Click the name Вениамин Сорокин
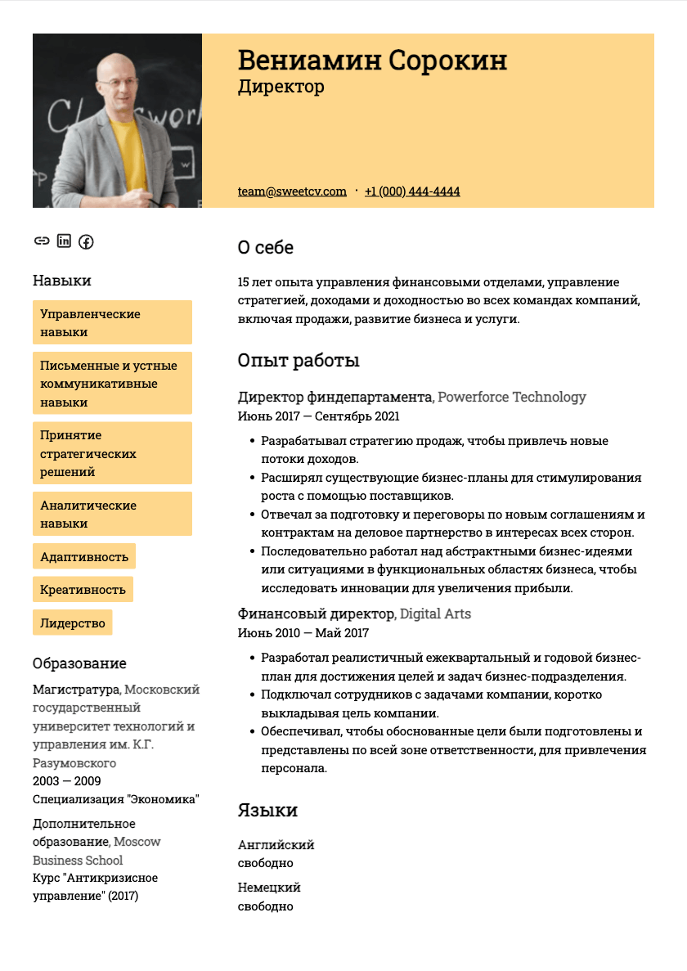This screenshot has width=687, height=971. point(372,61)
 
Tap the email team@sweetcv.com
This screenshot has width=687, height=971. point(292,191)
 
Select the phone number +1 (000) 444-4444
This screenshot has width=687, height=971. point(412,191)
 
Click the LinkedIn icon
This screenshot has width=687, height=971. point(64,241)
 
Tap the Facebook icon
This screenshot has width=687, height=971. point(86,241)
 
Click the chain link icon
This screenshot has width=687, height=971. point(42,241)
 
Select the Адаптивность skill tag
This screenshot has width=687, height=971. point(84,557)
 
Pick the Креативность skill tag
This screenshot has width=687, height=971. point(83,590)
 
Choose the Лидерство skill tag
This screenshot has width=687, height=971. point(73,623)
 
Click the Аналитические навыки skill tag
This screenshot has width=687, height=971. point(112,514)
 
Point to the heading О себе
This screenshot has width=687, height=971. point(265,247)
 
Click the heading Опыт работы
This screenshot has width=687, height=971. point(299,361)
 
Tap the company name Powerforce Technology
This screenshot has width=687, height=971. point(512,398)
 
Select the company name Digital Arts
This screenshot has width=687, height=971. point(435,614)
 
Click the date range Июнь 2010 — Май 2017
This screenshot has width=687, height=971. point(303,632)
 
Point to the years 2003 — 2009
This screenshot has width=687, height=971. point(67,781)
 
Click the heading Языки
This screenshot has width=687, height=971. point(267,811)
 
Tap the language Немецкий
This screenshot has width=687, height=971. point(269,888)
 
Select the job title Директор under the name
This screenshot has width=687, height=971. point(281,87)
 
